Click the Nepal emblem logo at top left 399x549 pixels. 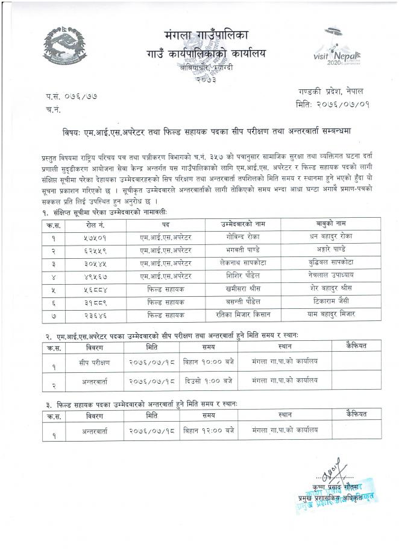click(65, 48)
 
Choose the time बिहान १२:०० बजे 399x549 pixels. click(209, 430)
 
